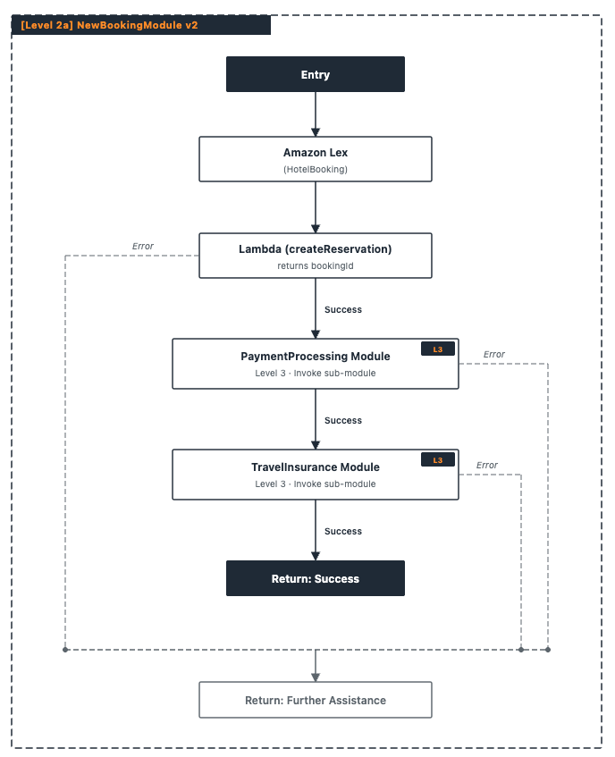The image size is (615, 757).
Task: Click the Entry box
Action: tap(316, 74)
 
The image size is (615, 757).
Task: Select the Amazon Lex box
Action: tap(316, 159)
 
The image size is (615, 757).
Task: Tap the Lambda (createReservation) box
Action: tap(316, 256)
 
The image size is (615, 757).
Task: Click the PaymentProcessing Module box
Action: tap(316, 364)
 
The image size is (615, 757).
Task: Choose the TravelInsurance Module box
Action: tap(316, 475)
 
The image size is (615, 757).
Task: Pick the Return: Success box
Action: tap(316, 578)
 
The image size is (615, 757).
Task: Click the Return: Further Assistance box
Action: tap(316, 700)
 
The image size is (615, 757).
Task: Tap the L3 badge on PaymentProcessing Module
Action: tap(438, 349)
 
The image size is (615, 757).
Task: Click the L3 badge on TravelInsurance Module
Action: tap(438, 460)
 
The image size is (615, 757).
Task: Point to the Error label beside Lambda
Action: tap(143, 246)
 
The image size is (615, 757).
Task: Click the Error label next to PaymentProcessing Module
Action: tap(494, 354)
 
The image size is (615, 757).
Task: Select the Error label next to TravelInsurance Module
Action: tap(486, 466)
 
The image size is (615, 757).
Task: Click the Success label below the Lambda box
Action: tap(343, 309)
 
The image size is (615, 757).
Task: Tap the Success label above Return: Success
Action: tap(343, 531)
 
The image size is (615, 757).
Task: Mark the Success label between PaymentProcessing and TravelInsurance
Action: tap(343, 420)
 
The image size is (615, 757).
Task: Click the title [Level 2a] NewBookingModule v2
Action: tap(110, 25)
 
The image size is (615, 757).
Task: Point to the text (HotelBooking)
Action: tap(316, 170)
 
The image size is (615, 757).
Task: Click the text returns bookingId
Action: tap(316, 266)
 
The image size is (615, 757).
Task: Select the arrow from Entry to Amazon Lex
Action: tap(316, 114)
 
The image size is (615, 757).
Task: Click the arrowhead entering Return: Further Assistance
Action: tap(316, 677)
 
